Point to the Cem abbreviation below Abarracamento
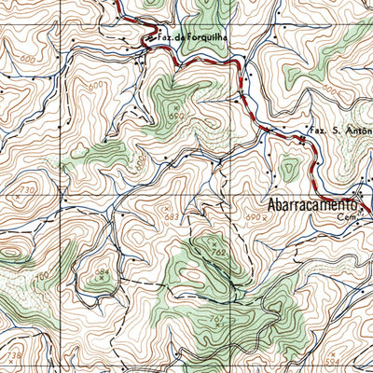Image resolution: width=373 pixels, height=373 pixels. click(348, 217)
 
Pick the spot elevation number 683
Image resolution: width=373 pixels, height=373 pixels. click(170, 217)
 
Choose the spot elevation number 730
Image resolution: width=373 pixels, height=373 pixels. click(26, 190)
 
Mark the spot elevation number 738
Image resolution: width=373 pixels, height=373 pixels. click(14, 355)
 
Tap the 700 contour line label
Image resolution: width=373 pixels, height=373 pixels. click(40, 279)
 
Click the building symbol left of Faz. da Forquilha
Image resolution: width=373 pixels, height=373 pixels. click(145, 39)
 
